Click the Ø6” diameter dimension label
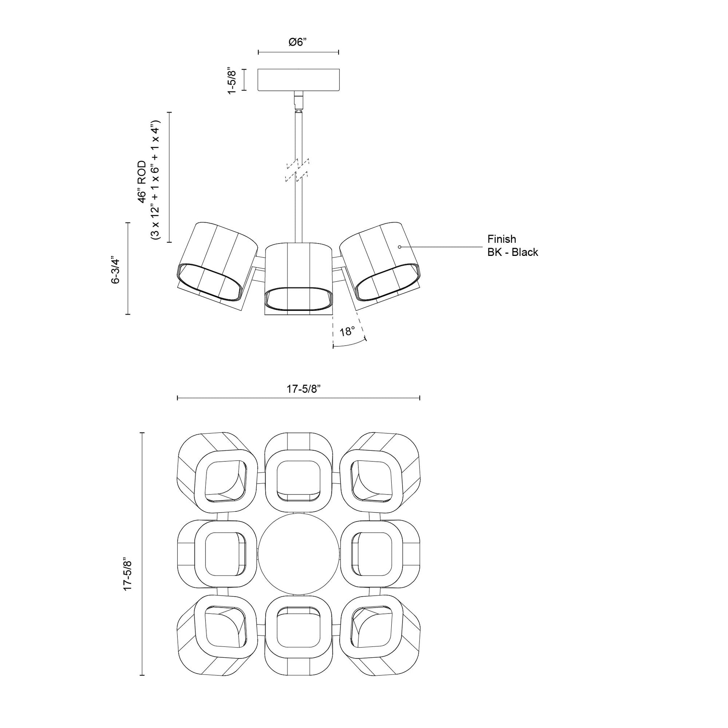point(298,42)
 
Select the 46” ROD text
point(142,181)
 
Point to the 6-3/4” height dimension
point(115,270)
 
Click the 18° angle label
point(347,331)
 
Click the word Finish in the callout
point(502,239)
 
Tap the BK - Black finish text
point(513,252)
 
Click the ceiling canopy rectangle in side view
point(298,80)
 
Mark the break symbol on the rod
point(298,170)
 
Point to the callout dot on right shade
point(400,247)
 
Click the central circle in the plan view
point(299,554)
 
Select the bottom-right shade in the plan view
point(380,637)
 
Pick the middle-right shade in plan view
point(380,554)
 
